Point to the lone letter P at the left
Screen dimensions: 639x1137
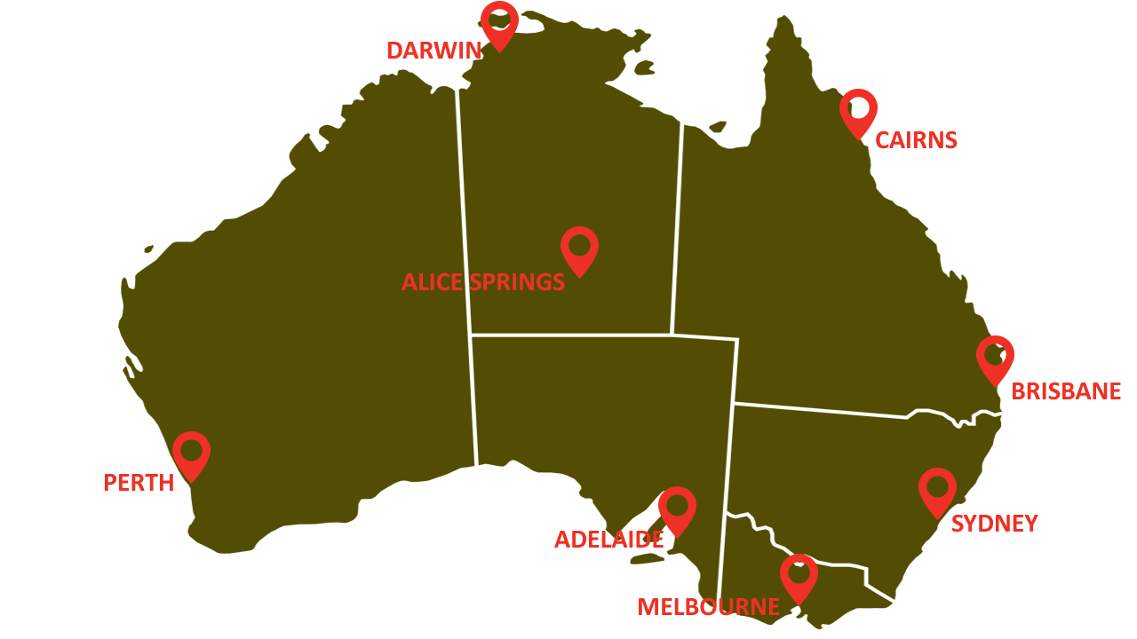pos(109,483)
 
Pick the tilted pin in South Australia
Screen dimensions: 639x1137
pos(674,509)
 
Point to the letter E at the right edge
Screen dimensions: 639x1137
pos(1114,391)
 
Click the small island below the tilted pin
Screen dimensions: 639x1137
pos(646,558)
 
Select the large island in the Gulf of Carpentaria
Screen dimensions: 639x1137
pos(644,67)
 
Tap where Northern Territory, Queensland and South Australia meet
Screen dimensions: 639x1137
pos(672,335)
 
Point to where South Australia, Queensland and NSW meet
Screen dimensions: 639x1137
pos(733,404)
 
